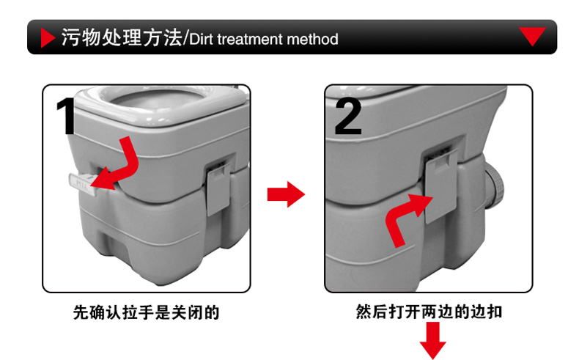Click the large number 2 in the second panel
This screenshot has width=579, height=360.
pos(347,117)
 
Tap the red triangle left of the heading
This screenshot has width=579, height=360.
pos(48,37)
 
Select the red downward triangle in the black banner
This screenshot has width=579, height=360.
pos(532,36)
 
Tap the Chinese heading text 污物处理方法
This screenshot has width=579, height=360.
pos(122,37)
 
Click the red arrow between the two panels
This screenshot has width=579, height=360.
pos(286,194)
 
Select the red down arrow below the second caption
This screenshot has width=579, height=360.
pos(432,340)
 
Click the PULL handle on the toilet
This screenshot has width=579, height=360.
pos(82,183)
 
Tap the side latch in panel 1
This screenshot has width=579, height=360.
pos(218,188)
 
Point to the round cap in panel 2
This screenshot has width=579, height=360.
pos(494,185)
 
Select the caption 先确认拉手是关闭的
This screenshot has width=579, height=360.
pos(147,312)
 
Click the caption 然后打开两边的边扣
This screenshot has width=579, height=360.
pos(429,312)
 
